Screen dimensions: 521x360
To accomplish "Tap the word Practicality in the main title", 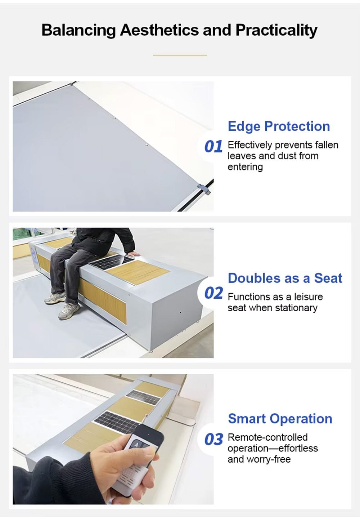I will [276, 30].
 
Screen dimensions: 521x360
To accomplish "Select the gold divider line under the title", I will [180, 55].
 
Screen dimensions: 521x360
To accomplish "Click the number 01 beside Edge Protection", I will [213, 147].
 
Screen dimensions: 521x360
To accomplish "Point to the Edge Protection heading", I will [279, 126].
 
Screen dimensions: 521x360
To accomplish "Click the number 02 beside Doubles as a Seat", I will [213, 293].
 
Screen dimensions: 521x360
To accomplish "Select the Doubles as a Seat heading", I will [285, 278].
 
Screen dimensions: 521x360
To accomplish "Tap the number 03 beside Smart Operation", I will [213, 439].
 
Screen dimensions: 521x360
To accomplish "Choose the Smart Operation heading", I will [280, 419].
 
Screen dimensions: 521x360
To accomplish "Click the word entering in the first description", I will [245, 167].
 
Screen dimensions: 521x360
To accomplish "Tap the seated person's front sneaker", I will [69, 311].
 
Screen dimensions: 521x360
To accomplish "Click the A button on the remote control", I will [136, 445].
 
